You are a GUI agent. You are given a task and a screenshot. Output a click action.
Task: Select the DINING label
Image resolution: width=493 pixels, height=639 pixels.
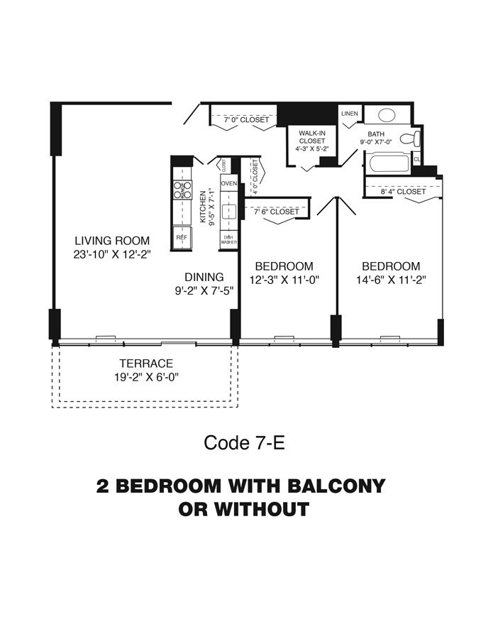click(x=204, y=277)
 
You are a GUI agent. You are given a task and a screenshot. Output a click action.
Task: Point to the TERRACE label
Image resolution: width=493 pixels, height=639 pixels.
click(x=146, y=364)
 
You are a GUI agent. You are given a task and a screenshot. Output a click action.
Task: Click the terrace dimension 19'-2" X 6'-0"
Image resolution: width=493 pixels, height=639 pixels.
click(x=147, y=377)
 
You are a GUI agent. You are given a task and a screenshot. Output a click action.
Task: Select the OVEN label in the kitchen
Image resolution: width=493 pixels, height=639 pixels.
click(x=228, y=183)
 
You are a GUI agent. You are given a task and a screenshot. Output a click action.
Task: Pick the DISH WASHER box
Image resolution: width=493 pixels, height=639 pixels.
click(x=228, y=239)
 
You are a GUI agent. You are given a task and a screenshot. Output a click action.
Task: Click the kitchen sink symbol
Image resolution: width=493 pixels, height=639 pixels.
click(x=228, y=211)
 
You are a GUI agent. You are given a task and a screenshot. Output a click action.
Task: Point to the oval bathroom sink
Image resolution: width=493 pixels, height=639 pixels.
click(x=387, y=115)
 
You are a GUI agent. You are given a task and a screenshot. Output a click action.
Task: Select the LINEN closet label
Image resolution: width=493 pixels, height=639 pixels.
click(x=349, y=114)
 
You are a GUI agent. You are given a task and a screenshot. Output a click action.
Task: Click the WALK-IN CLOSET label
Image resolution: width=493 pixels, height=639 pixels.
click(x=311, y=140)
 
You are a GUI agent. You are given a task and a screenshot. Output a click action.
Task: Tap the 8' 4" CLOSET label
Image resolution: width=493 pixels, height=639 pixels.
click(x=403, y=192)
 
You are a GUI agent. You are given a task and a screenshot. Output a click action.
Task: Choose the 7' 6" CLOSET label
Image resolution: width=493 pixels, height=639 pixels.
click(x=276, y=211)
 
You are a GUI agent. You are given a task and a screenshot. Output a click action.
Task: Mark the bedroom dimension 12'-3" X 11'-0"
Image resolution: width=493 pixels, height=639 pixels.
click(x=284, y=280)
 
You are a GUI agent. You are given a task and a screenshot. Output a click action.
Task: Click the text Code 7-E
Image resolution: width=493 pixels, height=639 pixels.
click(x=244, y=443)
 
